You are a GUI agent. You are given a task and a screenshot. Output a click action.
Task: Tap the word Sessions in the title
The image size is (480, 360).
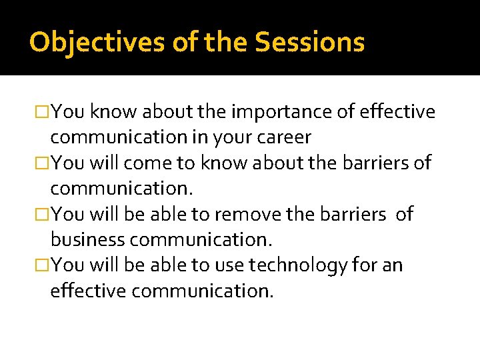pos(310,42)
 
